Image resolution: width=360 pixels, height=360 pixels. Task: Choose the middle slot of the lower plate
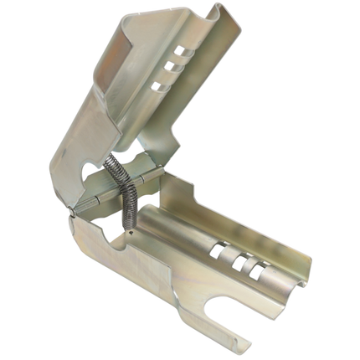click(x=241, y=260)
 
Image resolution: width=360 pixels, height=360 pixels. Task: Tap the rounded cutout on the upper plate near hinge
click(x=90, y=170)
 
